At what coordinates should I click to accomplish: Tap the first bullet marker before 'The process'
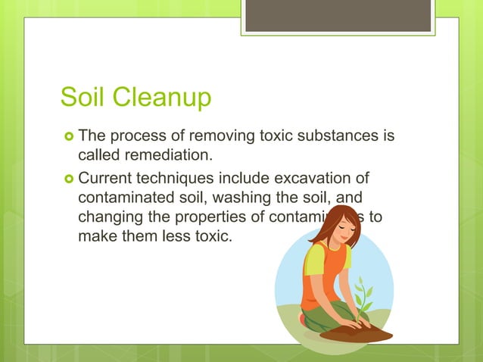coord(68,137)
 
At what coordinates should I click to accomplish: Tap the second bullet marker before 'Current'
coord(68,179)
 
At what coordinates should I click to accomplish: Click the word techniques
coord(171,179)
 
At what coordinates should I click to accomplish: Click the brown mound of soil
coord(356,331)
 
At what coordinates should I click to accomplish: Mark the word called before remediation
coord(99,156)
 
